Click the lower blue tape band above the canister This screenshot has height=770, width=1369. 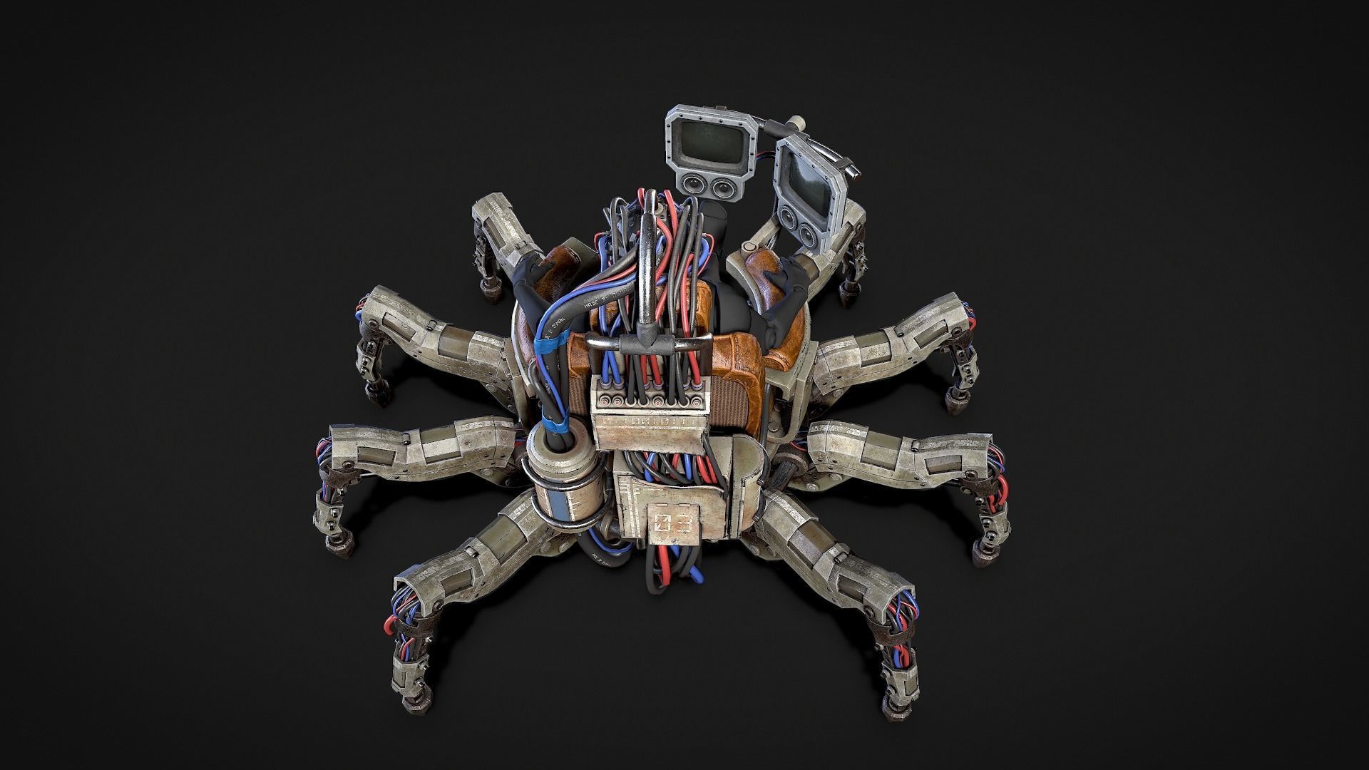click(555, 427)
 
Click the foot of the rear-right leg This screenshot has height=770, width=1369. click(851, 292)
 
